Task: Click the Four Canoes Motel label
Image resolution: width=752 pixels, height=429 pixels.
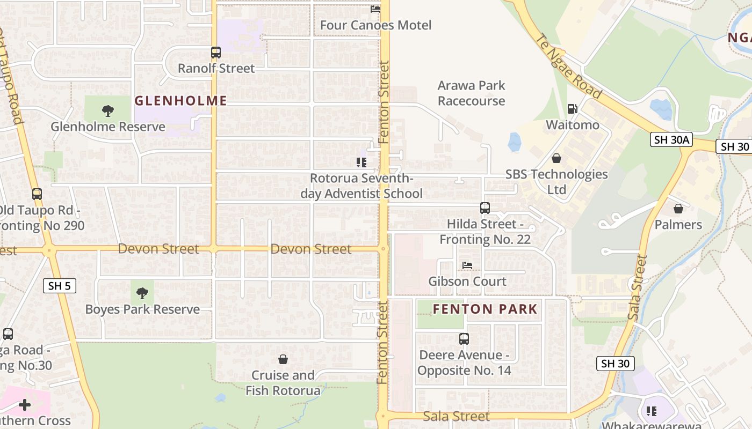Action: [x=375, y=25]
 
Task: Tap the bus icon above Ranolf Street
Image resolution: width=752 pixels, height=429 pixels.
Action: [x=216, y=53]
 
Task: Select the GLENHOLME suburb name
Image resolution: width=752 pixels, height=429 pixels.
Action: [x=180, y=100]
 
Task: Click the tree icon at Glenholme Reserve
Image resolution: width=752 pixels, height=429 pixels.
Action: [x=108, y=111]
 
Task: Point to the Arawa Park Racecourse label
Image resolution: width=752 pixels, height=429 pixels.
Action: [x=471, y=93]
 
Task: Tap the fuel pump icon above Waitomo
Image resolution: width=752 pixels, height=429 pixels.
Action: [x=572, y=109]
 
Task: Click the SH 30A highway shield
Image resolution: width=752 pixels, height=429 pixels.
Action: [x=671, y=140]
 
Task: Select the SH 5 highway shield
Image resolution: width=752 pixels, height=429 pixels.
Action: [x=59, y=286]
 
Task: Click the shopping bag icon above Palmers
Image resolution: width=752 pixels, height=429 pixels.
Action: [x=678, y=209]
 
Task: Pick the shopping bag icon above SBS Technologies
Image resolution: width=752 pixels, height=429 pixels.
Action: [x=556, y=158]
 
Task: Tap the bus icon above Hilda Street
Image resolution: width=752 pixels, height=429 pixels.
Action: [x=485, y=208]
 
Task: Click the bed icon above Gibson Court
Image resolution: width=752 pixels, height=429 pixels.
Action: [x=467, y=265]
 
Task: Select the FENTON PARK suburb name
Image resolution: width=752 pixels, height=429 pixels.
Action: [x=485, y=309]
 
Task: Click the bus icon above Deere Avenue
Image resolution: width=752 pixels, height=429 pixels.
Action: [x=464, y=339]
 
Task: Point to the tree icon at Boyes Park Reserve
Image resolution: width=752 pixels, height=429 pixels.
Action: [x=142, y=293]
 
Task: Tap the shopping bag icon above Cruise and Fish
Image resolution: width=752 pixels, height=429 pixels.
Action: [x=283, y=359]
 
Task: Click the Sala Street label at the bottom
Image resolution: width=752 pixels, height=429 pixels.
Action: [x=456, y=416]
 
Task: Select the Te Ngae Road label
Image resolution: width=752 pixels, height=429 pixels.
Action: [x=569, y=66]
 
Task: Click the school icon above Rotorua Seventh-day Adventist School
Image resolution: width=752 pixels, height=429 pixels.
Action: [x=361, y=162]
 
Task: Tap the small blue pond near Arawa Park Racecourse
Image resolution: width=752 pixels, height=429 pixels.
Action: [x=515, y=142]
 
